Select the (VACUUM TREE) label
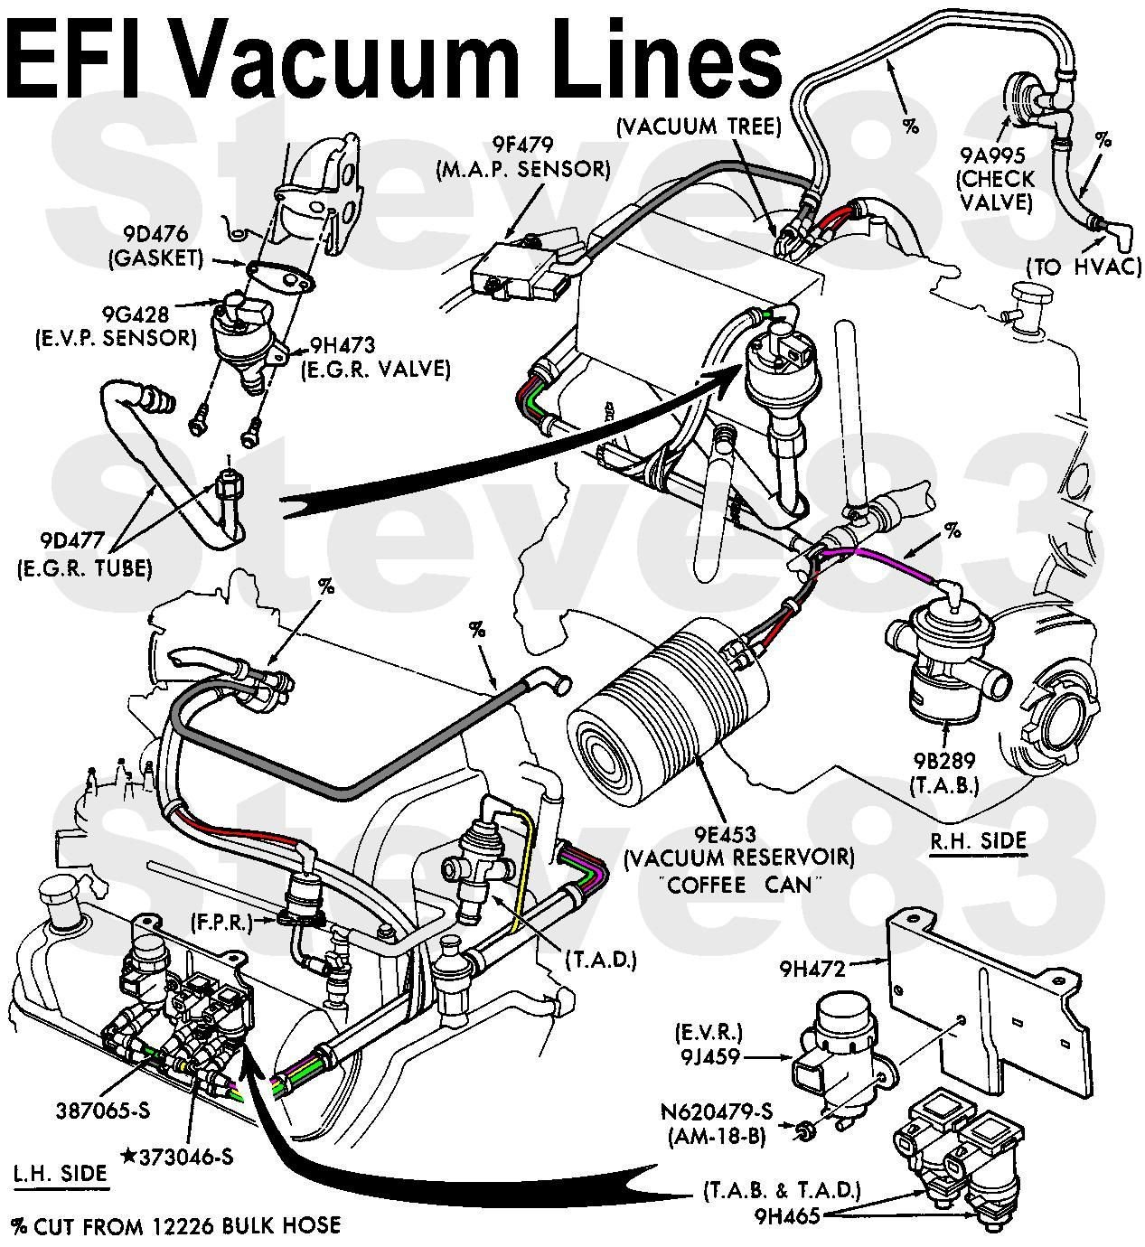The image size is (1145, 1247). pyautogui.click(x=699, y=127)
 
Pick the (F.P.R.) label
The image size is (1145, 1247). pyautogui.click(x=221, y=922)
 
